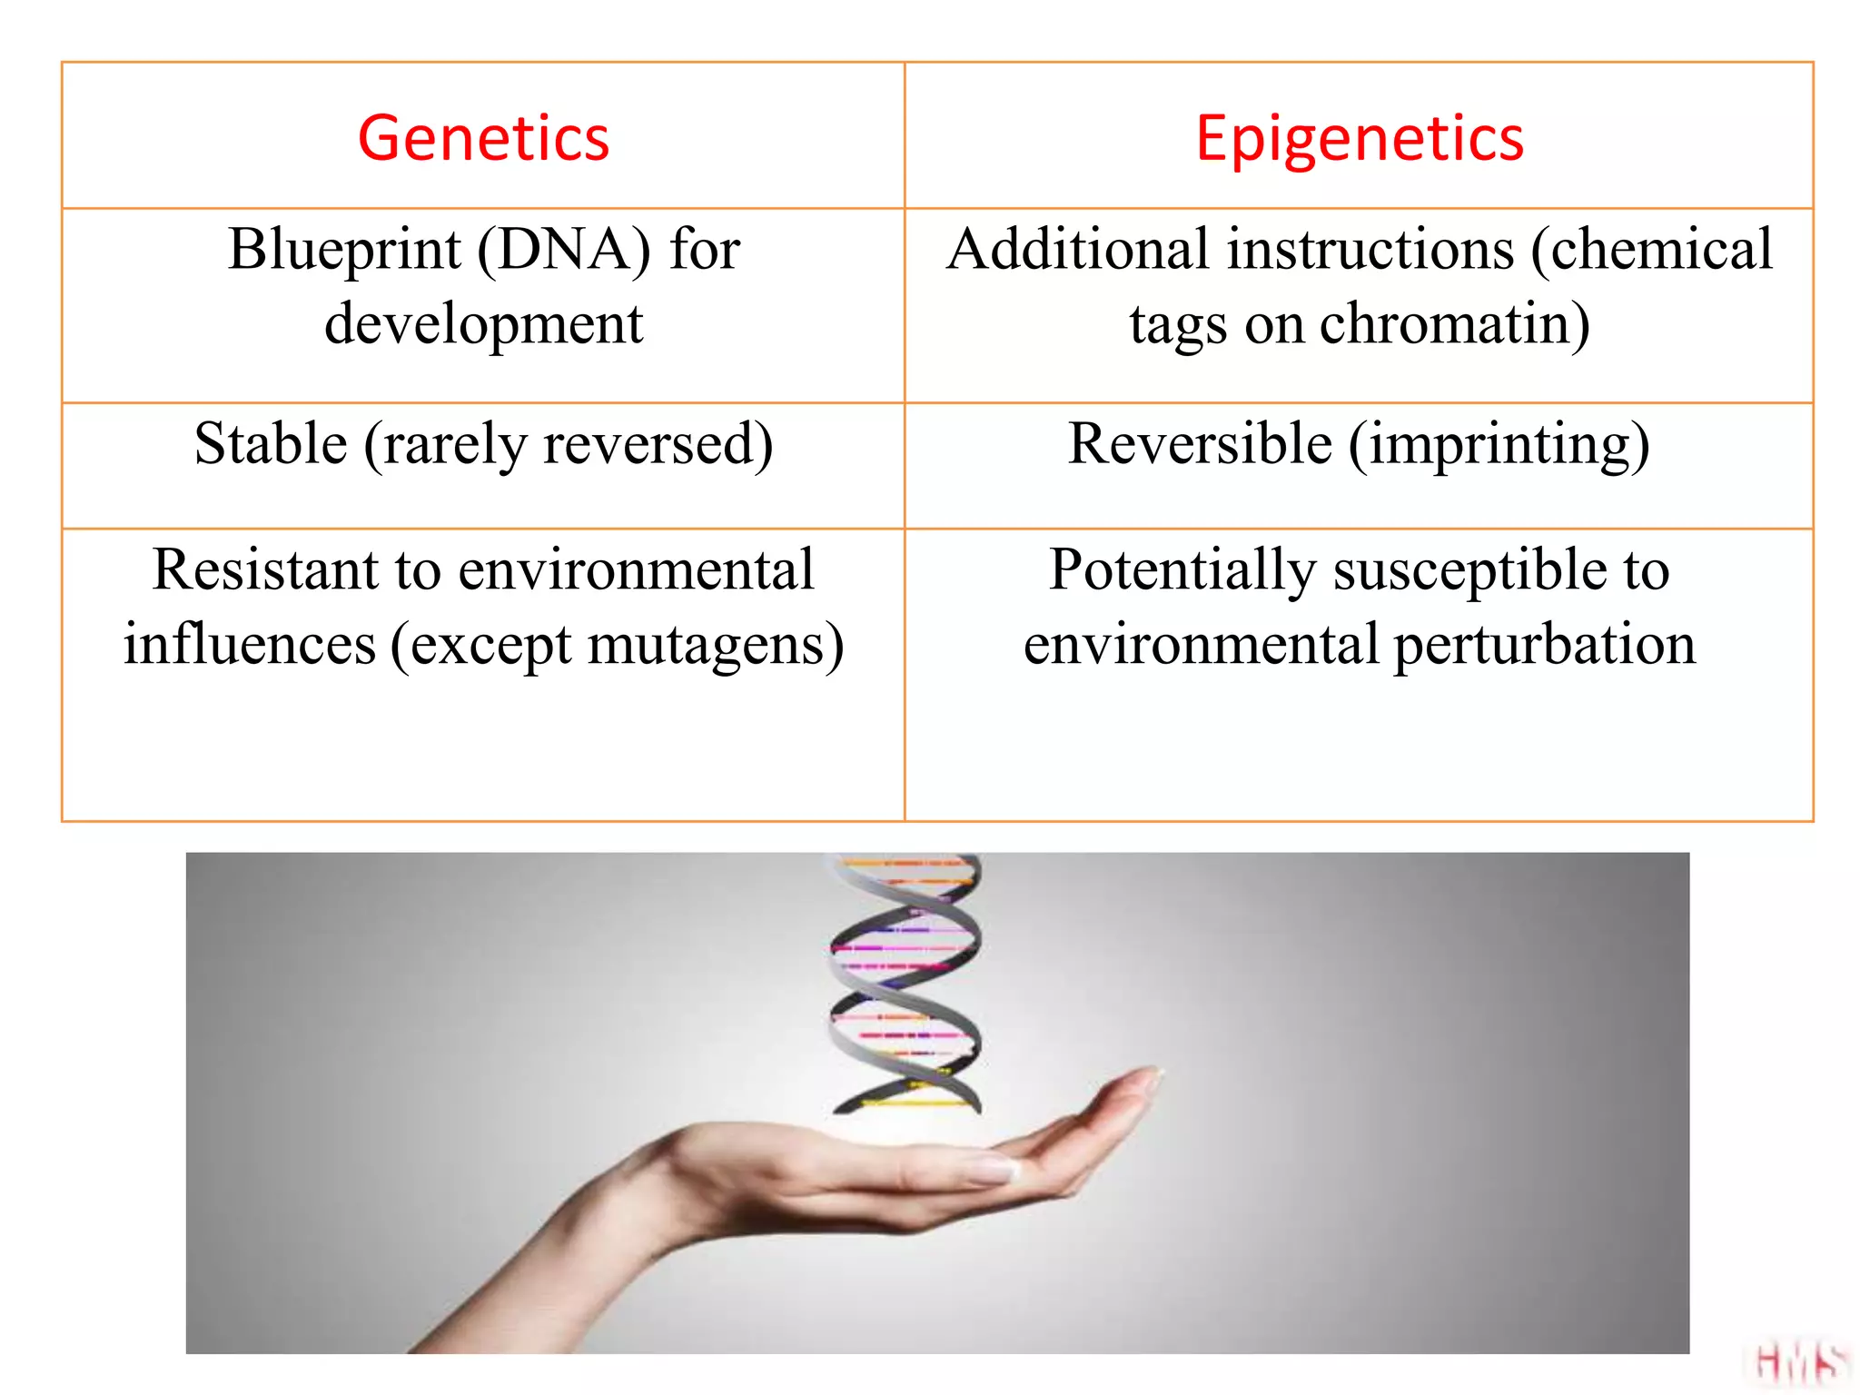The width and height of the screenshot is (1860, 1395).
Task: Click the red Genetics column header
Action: pyautogui.click(x=483, y=138)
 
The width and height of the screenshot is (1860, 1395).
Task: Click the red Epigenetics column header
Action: pyautogui.click(x=1359, y=138)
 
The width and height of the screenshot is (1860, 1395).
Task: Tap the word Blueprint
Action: pyautogui.click(x=343, y=250)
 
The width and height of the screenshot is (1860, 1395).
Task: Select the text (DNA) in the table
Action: pyautogui.click(x=563, y=250)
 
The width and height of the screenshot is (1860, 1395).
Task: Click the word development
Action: pyautogui.click(x=483, y=324)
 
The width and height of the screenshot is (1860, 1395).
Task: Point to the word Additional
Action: pyautogui.click(x=1077, y=250)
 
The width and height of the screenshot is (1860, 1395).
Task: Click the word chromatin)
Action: pyautogui.click(x=1454, y=324)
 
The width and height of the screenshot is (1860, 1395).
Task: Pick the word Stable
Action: pyautogui.click(x=271, y=444)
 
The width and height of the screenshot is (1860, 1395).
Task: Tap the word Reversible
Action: pyautogui.click(x=1200, y=444)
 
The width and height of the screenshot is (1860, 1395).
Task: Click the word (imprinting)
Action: pyautogui.click(x=1499, y=444)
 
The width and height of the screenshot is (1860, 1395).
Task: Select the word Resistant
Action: pyautogui.click(x=264, y=570)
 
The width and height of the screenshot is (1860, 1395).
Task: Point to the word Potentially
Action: pyautogui.click(x=1182, y=570)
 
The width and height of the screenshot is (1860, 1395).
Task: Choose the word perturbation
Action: pyautogui.click(x=1544, y=645)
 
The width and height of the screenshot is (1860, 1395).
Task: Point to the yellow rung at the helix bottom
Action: pyautogui.click(x=913, y=1103)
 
